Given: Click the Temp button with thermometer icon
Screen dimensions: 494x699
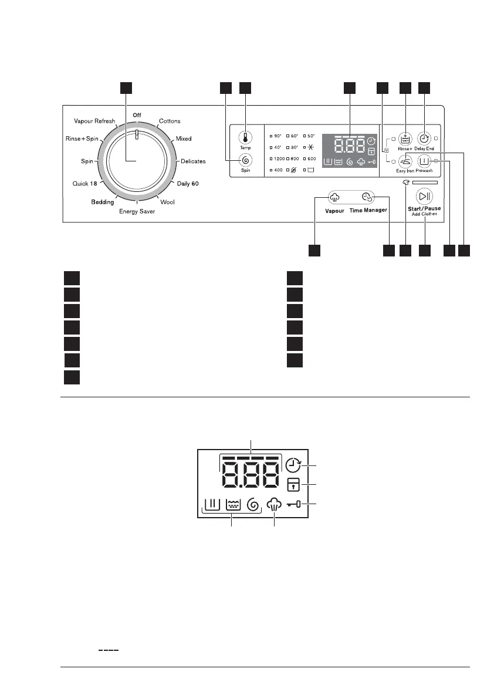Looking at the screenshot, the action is coord(245,137).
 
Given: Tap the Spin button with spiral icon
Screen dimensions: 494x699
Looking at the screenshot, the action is coord(245,160).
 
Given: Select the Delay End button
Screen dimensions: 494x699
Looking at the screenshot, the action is coord(424,139).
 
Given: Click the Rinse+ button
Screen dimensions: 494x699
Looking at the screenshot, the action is coord(405,139).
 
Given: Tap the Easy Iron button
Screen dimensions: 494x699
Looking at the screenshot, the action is coord(405,161).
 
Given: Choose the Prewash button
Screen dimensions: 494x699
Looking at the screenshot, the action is coord(424,161).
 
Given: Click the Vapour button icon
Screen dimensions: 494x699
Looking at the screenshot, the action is coord(334,198).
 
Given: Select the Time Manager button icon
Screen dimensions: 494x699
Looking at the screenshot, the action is coord(368,198).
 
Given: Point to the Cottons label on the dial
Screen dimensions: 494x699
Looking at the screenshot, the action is coord(170,121).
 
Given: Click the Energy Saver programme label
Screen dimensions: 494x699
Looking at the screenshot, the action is coord(137,211).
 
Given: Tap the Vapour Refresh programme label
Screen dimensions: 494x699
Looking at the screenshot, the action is coord(94,121).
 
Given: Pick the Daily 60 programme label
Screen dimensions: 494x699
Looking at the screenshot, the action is coord(187,184).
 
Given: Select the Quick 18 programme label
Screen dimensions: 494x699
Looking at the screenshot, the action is coord(84,184).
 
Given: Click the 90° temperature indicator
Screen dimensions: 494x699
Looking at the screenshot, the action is coord(276,136).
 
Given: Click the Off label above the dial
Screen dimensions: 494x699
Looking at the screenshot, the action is coord(137,114).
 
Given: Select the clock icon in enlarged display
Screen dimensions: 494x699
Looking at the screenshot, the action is coord(293,465).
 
